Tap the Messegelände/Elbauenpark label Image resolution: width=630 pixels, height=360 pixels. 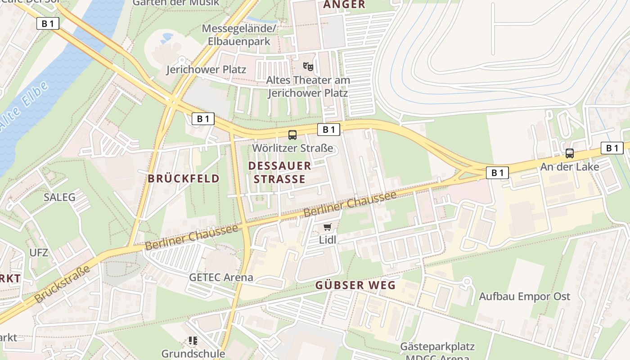[239, 35]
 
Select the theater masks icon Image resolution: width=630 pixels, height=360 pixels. [308, 67]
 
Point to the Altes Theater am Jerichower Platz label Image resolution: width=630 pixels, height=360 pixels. [308, 87]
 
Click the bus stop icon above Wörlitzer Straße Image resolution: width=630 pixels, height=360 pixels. [292, 135]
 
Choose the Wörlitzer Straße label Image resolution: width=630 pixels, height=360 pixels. [292, 148]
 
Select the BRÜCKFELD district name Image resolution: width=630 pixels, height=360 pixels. [184, 179]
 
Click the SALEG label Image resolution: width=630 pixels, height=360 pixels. [59, 197]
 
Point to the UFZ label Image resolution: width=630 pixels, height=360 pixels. [39, 252]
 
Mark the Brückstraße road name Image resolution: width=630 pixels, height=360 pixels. [62, 285]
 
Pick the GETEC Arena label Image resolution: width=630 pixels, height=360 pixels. [221, 277]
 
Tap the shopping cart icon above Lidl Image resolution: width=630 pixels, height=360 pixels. [328, 227]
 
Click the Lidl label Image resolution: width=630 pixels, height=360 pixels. [328, 240]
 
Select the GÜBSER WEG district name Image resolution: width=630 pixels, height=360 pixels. [355, 285]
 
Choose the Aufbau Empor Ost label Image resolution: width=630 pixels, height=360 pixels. [524, 297]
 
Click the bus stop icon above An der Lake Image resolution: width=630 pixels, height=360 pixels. [570, 153]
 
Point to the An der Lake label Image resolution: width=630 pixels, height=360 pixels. [570, 167]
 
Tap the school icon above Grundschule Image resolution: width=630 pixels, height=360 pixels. [193, 341]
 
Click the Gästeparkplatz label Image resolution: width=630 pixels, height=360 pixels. [438, 347]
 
